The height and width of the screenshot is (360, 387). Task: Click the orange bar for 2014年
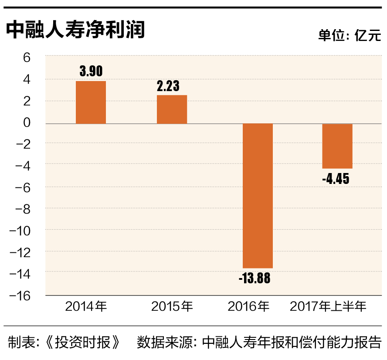91,102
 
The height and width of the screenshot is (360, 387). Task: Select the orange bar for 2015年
172,109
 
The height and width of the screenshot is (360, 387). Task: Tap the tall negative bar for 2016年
258,196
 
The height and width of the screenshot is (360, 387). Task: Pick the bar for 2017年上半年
337,146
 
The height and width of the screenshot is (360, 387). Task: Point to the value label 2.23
168,86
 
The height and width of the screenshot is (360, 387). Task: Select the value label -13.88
255,278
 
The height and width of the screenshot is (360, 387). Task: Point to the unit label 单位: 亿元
350,36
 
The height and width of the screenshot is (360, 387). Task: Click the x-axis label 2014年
86,306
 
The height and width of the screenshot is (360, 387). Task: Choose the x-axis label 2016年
249,306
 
